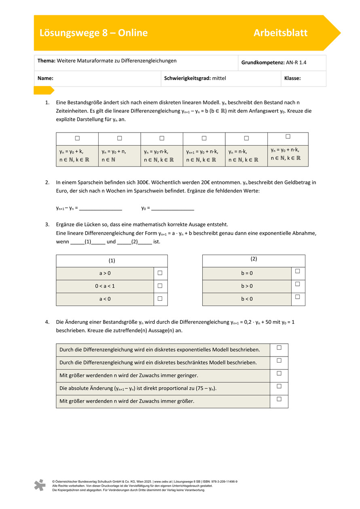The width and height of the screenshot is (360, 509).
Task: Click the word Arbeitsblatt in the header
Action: click(x=280, y=33)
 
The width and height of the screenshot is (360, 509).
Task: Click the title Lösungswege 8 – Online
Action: click(x=93, y=33)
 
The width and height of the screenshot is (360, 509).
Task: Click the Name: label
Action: click(x=46, y=78)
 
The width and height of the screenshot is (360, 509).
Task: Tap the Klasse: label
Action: click(x=292, y=78)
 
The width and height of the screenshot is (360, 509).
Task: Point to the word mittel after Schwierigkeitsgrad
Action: click(x=219, y=78)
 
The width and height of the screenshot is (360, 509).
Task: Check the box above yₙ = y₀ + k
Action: click(x=77, y=138)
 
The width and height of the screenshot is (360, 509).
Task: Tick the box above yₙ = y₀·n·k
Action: click(x=162, y=138)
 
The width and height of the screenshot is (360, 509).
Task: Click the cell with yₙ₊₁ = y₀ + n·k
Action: click(x=204, y=156)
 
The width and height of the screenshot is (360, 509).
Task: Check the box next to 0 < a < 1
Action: click(x=160, y=286)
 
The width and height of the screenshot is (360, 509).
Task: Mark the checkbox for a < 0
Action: click(x=160, y=299)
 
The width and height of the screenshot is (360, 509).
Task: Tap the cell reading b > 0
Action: click(x=247, y=286)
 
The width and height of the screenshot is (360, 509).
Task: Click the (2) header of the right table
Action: click(x=254, y=259)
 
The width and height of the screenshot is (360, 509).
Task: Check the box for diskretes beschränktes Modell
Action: click(x=279, y=360)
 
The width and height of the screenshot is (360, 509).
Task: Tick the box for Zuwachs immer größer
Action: click(x=279, y=399)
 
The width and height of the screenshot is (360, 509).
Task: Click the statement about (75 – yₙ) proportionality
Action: click(x=163, y=389)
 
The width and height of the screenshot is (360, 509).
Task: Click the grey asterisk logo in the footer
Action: click(x=40, y=485)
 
